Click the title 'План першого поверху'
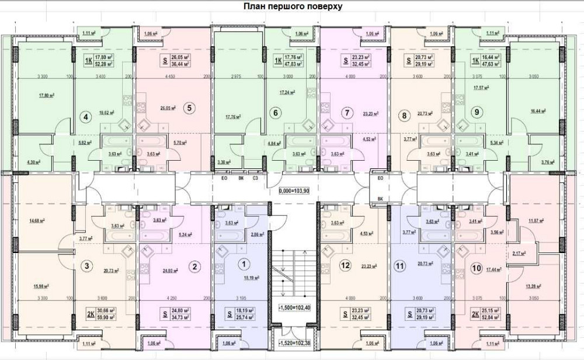click(x=288, y=6)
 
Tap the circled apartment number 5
click(x=188, y=107)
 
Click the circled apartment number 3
click(x=87, y=266)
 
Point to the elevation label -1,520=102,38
click(x=296, y=344)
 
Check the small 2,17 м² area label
click(x=517, y=253)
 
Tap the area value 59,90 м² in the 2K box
click(x=105, y=317)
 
